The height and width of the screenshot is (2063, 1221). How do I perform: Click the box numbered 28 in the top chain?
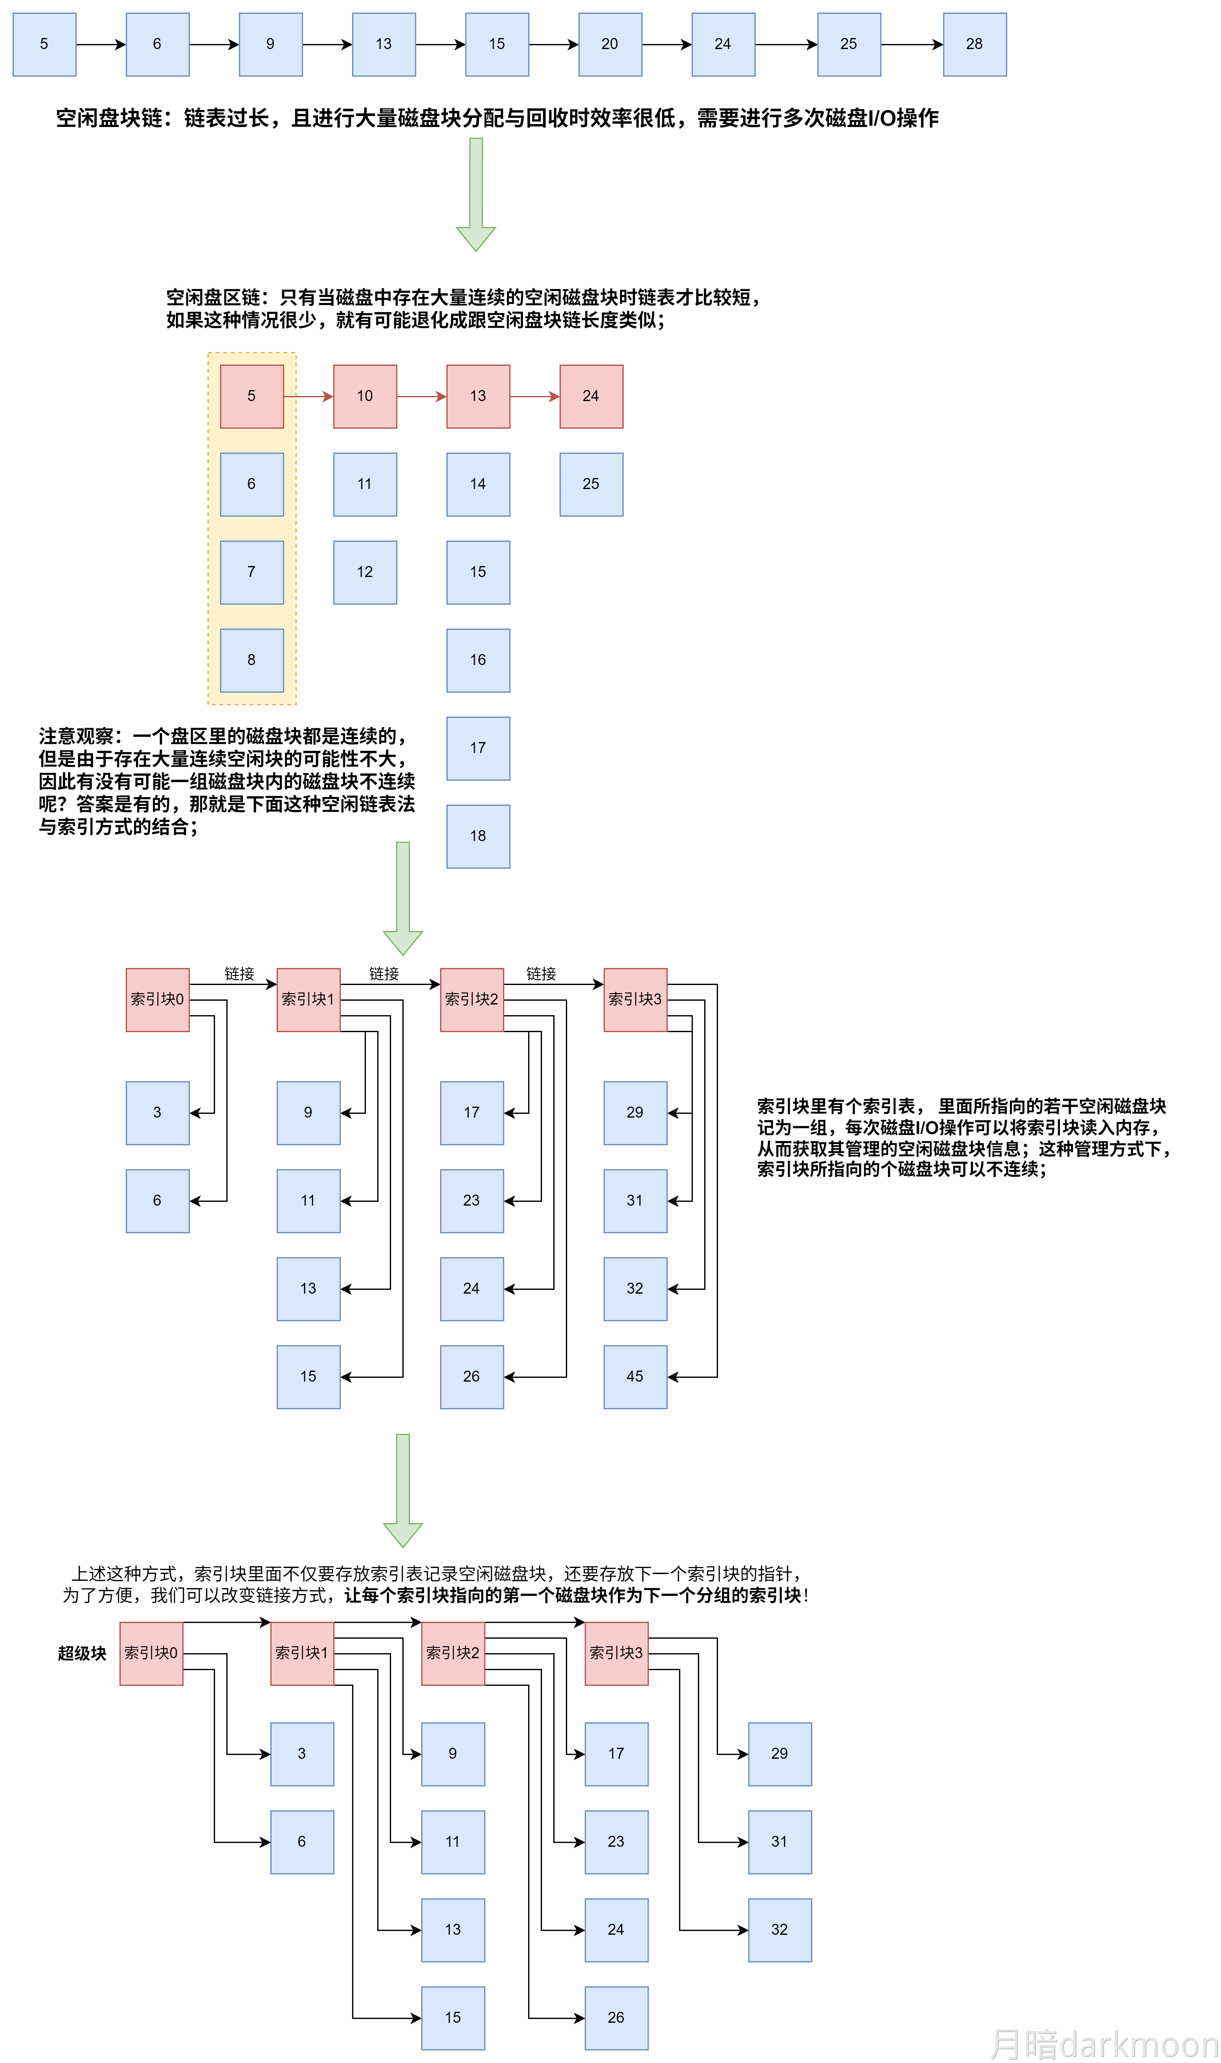pyautogui.click(x=974, y=44)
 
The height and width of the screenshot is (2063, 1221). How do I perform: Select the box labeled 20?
pyautogui.click(x=610, y=44)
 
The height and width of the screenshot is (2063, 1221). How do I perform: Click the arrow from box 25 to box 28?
pyautogui.click(x=912, y=44)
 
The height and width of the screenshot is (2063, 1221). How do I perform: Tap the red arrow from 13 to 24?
pyautogui.click(x=535, y=397)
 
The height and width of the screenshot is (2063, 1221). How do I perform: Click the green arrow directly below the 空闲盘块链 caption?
pyautogui.click(x=476, y=193)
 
